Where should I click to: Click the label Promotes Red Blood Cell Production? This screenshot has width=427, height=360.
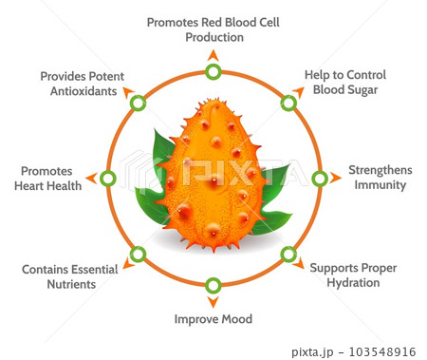pyautogui.click(x=213, y=28)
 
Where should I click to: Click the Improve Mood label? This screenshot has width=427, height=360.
pyautogui.click(x=213, y=319)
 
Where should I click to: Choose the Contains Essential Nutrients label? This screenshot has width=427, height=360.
pyautogui.click(x=70, y=276)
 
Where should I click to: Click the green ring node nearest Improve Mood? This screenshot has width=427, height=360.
pyautogui.click(x=213, y=284)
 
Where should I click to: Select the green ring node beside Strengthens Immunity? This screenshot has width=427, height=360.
pyautogui.click(x=320, y=178)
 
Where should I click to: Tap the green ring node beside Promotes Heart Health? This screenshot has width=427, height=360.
pyautogui.click(x=107, y=178)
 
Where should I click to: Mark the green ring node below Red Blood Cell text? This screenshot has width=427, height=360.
pyautogui.click(x=213, y=71)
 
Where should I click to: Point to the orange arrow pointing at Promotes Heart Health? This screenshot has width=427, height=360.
pyautogui.click(x=91, y=178)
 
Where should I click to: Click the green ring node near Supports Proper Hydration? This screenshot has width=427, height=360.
pyautogui.click(x=288, y=254)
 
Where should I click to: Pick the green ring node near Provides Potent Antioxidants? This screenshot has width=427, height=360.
pyautogui.click(x=139, y=103)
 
